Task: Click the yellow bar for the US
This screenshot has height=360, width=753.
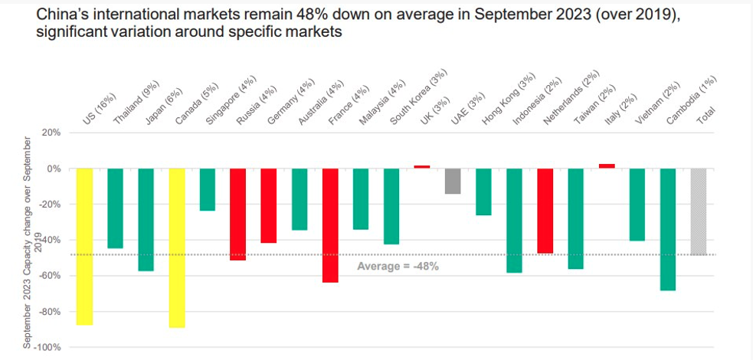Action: [x=84, y=247]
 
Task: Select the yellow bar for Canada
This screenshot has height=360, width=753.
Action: [x=177, y=247]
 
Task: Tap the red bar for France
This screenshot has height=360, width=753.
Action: [x=330, y=225]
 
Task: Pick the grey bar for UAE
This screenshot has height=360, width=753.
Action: [x=453, y=181]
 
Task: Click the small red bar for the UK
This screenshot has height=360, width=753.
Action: [x=422, y=166]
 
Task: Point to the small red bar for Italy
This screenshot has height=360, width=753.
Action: [x=607, y=166]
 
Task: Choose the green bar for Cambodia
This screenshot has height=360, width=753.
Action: [x=668, y=230]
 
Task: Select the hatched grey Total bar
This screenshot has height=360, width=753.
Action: [x=699, y=211]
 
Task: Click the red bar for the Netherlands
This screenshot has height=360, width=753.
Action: [x=545, y=211]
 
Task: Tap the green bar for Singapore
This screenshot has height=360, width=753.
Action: [x=208, y=190]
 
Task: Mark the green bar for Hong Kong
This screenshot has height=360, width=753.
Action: [x=483, y=191]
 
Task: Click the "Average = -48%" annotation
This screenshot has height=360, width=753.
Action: [x=398, y=266]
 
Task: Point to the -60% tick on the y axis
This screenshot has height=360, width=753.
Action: [x=50, y=276]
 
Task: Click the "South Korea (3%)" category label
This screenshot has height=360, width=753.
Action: [x=417, y=97]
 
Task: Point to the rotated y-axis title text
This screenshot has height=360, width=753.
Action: [x=32, y=242]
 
